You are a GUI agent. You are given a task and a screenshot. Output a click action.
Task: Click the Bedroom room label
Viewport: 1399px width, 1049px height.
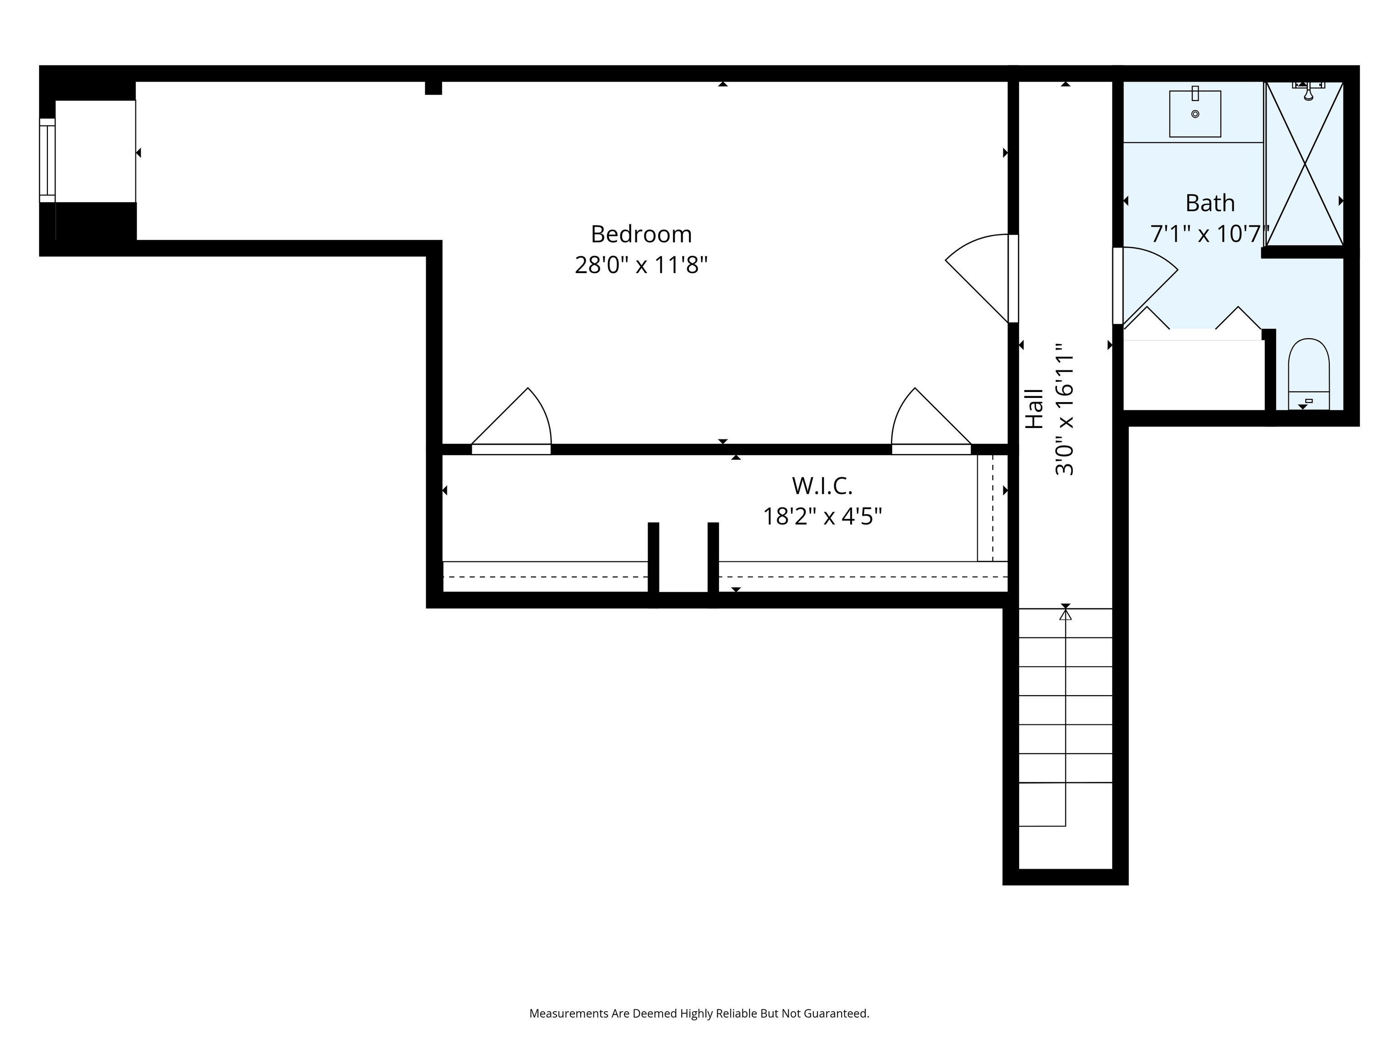click(641, 234)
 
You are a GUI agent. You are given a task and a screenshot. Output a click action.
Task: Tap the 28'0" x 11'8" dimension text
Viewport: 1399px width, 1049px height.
click(641, 265)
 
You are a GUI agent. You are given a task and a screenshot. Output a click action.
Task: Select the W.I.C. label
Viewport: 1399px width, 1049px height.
click(822, 486)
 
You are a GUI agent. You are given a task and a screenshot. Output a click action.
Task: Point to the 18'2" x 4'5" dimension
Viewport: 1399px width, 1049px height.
click(822, 517)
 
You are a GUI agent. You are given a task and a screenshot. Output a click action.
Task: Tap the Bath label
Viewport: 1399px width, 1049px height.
click(1210, 203)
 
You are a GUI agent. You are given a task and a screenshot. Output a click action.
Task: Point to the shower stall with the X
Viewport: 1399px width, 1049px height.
click(1304, 163)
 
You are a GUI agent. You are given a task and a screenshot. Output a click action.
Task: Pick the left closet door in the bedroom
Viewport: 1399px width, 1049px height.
click(511, 421)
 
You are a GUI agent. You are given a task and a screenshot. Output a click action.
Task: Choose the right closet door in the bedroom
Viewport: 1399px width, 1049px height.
click(931, 421)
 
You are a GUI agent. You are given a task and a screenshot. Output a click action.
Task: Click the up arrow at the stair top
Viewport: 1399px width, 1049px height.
click(1066, 613)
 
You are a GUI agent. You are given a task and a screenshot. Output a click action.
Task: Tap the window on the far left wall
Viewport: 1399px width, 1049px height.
click(47, 161)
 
